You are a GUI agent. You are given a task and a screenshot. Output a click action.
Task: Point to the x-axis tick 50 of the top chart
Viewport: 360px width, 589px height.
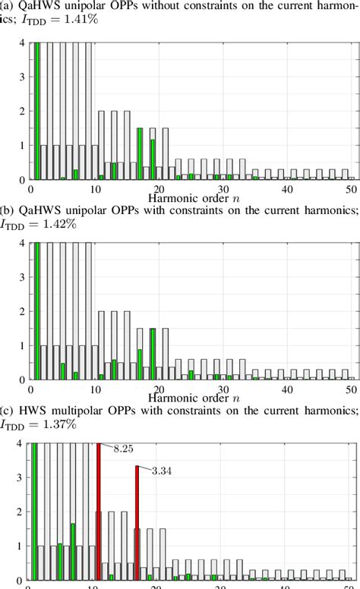(x=349, y=187)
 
